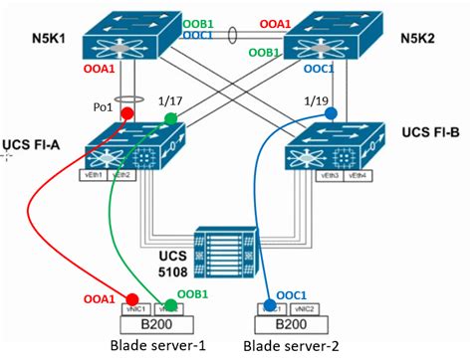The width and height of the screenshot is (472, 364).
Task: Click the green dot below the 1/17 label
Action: click(169, 118)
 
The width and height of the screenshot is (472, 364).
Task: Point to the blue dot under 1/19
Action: click(331, 113)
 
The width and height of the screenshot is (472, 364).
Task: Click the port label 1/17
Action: click(169, 101)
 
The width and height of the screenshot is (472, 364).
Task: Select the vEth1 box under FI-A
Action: click(96, 174)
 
